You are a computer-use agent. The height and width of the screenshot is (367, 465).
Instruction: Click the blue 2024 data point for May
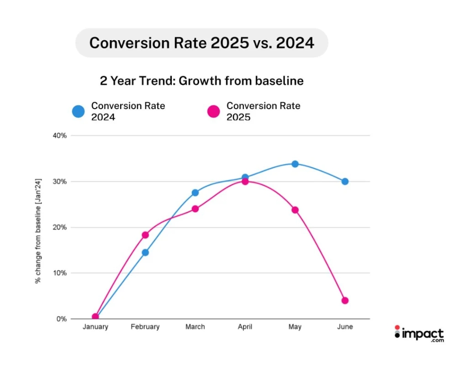pyautogui.click(x=295, y=164)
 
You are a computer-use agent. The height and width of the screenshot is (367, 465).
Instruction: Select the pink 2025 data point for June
pyautogui.click(x=345, y=300)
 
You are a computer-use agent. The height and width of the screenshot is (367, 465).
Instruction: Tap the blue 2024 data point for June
pyautogui.click(x=345, y=181)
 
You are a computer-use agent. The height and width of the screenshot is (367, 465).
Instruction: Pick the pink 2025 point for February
pyautogui.click(x=145, y=235)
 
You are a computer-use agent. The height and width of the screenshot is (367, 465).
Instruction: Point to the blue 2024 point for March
pyautogui.click(x=195, y=193)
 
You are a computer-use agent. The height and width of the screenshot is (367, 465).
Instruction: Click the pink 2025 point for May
pyautogui.click(x=295, y=210)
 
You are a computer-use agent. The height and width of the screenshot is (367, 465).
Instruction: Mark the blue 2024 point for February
pyautogui.click(x=145, y=252)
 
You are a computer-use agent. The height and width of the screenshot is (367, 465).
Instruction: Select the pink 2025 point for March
pyautogui.click(x=195, y=209)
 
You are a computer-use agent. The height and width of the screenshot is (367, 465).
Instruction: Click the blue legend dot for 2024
pyautogui.click(x=79, y=111)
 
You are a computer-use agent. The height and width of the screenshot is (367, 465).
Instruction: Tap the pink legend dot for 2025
pyautogui.click(x=214, y=111)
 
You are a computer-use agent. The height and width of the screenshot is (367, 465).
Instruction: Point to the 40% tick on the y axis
pyautogui.click(x=61, y=136)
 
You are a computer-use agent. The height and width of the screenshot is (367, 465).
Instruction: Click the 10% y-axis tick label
pyautogui.click(x=61, y=273)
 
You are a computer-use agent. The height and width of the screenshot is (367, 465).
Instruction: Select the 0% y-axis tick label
pyautogui.click(x=62, y=319)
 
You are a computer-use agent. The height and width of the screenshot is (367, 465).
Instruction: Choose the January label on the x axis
pyautogui.click(x=95, y=327)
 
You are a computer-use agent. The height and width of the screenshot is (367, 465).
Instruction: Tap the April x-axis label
pyautogui.click(x=245, y=327)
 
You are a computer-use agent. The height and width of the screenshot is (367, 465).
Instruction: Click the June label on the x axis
pyautogui.click(x=345, y=327)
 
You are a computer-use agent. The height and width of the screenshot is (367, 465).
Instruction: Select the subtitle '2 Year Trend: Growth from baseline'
pyautogui.click(x=202, y=81)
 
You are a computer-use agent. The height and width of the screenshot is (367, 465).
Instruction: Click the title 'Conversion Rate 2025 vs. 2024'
pyautogui.click(x=202, y=43)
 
